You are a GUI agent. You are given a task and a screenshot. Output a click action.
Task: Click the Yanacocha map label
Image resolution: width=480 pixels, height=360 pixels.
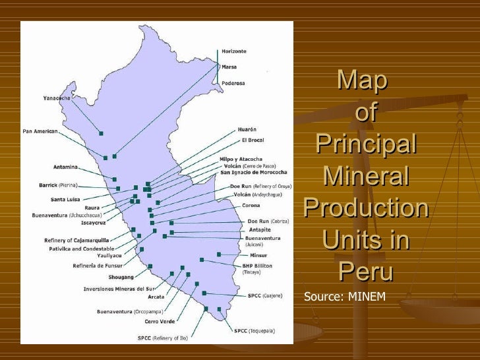click(x=57, y=98)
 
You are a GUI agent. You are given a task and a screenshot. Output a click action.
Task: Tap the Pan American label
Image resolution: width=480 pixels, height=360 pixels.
click(x=40, y=131)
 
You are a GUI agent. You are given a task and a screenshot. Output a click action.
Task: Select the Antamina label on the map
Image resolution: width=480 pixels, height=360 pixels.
click(x=66, y=167)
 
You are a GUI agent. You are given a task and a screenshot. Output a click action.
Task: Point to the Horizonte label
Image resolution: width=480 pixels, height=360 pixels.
click(x=234, y=51)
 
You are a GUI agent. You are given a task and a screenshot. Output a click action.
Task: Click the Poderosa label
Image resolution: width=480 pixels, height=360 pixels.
click(x=233, y=83)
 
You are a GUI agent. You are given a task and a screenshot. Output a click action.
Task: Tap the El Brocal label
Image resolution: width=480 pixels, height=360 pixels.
click(x=253, y=140)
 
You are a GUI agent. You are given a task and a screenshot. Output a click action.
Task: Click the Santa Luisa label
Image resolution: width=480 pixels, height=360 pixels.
click(x=67, y=199)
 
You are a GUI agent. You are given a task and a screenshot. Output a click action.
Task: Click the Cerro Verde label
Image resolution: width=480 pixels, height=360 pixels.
click(x=160, y=321)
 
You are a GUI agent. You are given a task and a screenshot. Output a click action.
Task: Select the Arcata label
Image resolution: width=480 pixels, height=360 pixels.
click(x=156, y=297)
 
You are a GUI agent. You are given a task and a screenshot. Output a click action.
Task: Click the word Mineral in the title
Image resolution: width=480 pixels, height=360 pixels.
click(x=366, y=177)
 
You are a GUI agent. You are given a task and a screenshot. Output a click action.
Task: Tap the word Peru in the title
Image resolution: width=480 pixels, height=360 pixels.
click(x=366, y=271)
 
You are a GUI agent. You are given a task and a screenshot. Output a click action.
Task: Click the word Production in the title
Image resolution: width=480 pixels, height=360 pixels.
click(x=366, y=208)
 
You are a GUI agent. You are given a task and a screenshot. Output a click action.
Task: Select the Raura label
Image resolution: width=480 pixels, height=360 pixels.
click(x=92, y=208)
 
